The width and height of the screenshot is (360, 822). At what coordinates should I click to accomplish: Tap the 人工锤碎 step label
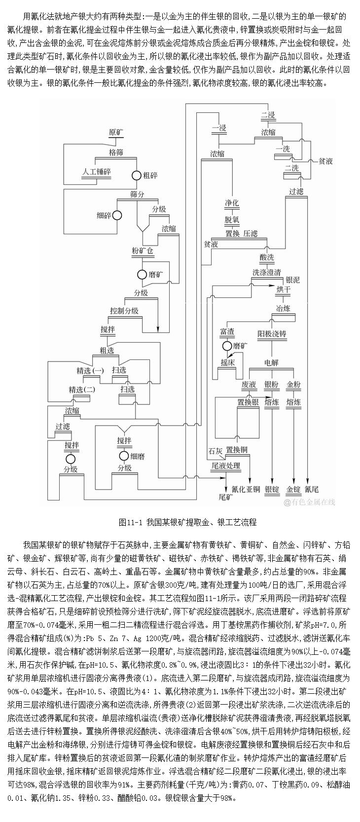click(x=96, y=172)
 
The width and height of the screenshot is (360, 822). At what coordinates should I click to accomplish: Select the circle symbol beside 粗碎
click(x=136, y=175)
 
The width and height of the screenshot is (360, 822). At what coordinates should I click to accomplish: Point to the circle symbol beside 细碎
click(x=117, y=215)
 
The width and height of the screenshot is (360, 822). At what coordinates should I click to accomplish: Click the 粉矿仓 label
click(x=144, y=251)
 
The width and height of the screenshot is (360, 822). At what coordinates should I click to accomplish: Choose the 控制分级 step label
click(x=124, y=311)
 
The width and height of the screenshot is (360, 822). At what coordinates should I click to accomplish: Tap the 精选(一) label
click(x=90, y=370)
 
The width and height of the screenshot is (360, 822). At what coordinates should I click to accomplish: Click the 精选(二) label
click(x=82, y=390)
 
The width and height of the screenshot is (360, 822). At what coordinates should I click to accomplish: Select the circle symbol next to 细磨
click(x=123, y=456)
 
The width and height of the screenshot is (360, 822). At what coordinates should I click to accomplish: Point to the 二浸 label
click(x=268, y=115)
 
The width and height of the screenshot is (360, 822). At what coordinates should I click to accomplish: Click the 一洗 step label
click(x=283, y=148)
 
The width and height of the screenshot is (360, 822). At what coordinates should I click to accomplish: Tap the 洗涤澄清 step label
click(x=267, y=272)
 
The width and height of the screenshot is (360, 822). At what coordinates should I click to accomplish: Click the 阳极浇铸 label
click(x=272, y=334)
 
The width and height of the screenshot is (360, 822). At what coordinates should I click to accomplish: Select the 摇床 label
click(x=227, y=362)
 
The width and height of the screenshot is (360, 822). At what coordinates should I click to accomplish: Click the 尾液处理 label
click(x=225, y=465)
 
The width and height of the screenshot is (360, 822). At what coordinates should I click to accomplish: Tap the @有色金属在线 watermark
click(x=309, y=502)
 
